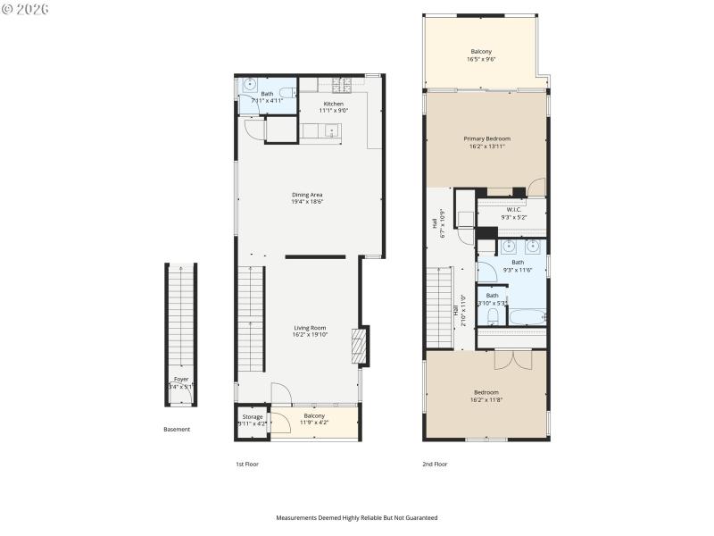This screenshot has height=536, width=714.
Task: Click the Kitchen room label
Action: coord(334,105)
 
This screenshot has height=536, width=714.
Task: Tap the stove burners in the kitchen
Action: coord(341,86)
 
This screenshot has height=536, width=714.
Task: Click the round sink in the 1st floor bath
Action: coord(248,86)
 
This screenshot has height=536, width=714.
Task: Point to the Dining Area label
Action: coord(307,195)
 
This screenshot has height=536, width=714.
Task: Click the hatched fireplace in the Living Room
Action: coord(359,346)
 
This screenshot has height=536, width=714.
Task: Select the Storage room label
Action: coord(253,416)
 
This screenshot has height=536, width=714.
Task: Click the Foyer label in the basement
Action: coord(181,379)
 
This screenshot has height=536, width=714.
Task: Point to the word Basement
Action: coord(177,430)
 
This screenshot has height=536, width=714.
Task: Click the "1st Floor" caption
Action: coord(247,465)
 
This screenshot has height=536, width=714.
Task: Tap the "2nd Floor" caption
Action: coord(435,465)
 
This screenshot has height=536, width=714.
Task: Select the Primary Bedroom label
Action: coord(486,138)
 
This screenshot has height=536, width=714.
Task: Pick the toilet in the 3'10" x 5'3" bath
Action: coord(492,315)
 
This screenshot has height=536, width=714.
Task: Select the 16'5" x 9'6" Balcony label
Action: coord(480,52)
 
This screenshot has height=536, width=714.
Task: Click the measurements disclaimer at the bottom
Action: coord(357,517)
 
